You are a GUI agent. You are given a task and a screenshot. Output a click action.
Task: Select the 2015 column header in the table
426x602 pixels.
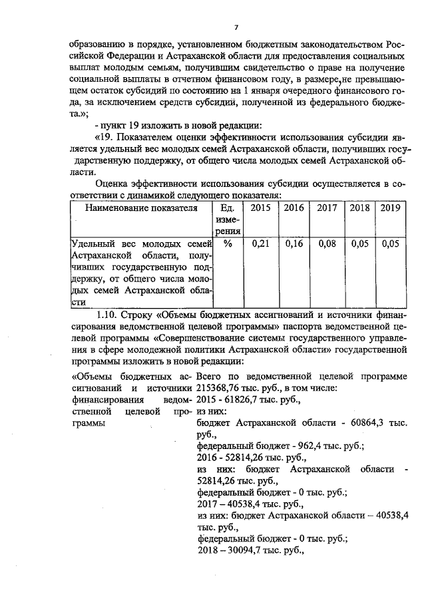pyautogui.click(x=261, y=208)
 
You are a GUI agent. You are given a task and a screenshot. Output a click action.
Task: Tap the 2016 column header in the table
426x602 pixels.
pyautogui.click(x=294, y=208)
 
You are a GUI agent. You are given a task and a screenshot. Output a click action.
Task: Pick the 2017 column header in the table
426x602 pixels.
pyautogui.click(x=327, y=208)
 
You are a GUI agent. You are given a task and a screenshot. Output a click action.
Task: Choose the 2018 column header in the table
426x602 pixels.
pyautogui.click(x=359, y=208)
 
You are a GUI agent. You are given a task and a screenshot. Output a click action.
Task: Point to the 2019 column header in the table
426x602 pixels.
pyautogui.click(x=390, y=208)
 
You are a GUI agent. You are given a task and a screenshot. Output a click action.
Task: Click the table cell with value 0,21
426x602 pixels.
pyautogui.click(x=261, y=244)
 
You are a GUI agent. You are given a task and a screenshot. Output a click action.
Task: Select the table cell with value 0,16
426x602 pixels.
pyautogui.click(x=294, y=244)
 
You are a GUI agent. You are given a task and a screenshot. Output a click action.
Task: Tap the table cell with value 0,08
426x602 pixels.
pyautogui.click(x=327, y=244)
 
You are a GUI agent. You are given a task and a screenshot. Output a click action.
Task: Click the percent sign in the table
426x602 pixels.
pyautogui.click(x=228, y=244)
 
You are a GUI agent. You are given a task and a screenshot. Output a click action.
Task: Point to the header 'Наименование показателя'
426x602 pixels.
pyautogui.click(x=140, y=208)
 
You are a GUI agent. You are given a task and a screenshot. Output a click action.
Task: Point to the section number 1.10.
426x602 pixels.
pyautogui.click(x=108, y=315)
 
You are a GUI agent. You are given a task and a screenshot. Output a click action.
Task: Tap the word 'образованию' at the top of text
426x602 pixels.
pyautogui.click(x=99, y=45)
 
